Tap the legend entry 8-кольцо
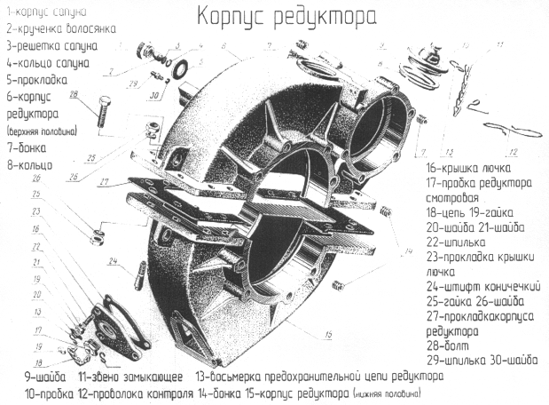29,164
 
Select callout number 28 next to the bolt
75,94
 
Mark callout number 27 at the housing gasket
106,181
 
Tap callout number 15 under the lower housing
328,334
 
